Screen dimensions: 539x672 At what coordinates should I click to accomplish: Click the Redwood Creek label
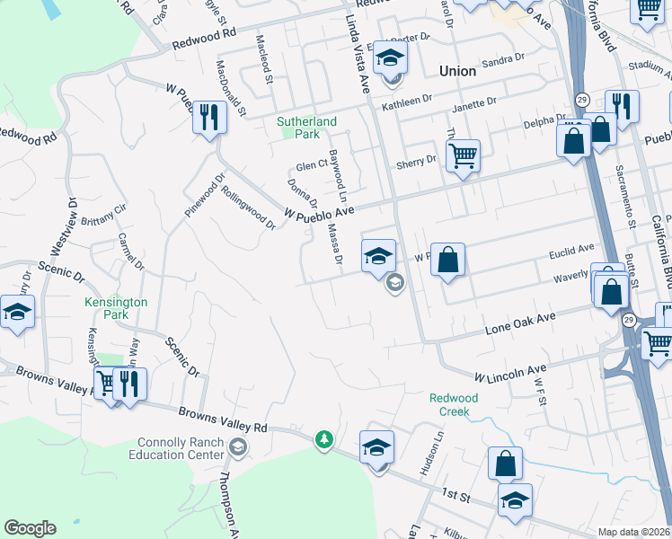tap(454, 404)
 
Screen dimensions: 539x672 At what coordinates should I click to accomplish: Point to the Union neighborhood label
tap(456, 70)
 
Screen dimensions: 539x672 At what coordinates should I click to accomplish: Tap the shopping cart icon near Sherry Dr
tap(463, 156)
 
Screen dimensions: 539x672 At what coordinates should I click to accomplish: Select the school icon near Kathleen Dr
tap(390, 59)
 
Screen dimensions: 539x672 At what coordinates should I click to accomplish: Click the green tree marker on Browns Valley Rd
tap(323, 440)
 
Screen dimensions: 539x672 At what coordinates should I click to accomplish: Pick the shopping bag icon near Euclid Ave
tap(447, 261)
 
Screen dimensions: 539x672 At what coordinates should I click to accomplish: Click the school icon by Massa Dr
tap(379, 257)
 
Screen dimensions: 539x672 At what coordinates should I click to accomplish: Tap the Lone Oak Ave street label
tap(517, 324)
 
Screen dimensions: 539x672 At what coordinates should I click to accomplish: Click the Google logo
tap(30, 528)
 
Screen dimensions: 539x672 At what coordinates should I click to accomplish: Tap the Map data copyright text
tap(632, 532)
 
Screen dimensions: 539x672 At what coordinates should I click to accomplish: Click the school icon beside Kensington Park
tap(17, 314)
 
